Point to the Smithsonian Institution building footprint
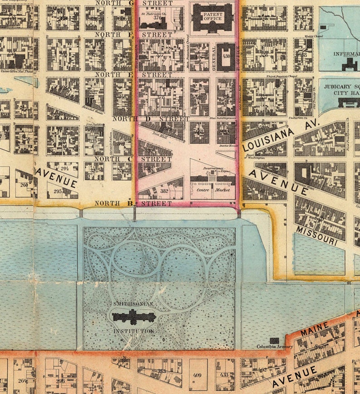[x=134, y=317]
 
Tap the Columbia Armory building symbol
[x=274, y=340]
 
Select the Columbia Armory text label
[x=275, y=347]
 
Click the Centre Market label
[x=213, y=190]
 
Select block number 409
[x=197, y=375]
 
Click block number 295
[x=58, y=192]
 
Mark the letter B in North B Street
[x=130, y=204]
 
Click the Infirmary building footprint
[x=350, y=64]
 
